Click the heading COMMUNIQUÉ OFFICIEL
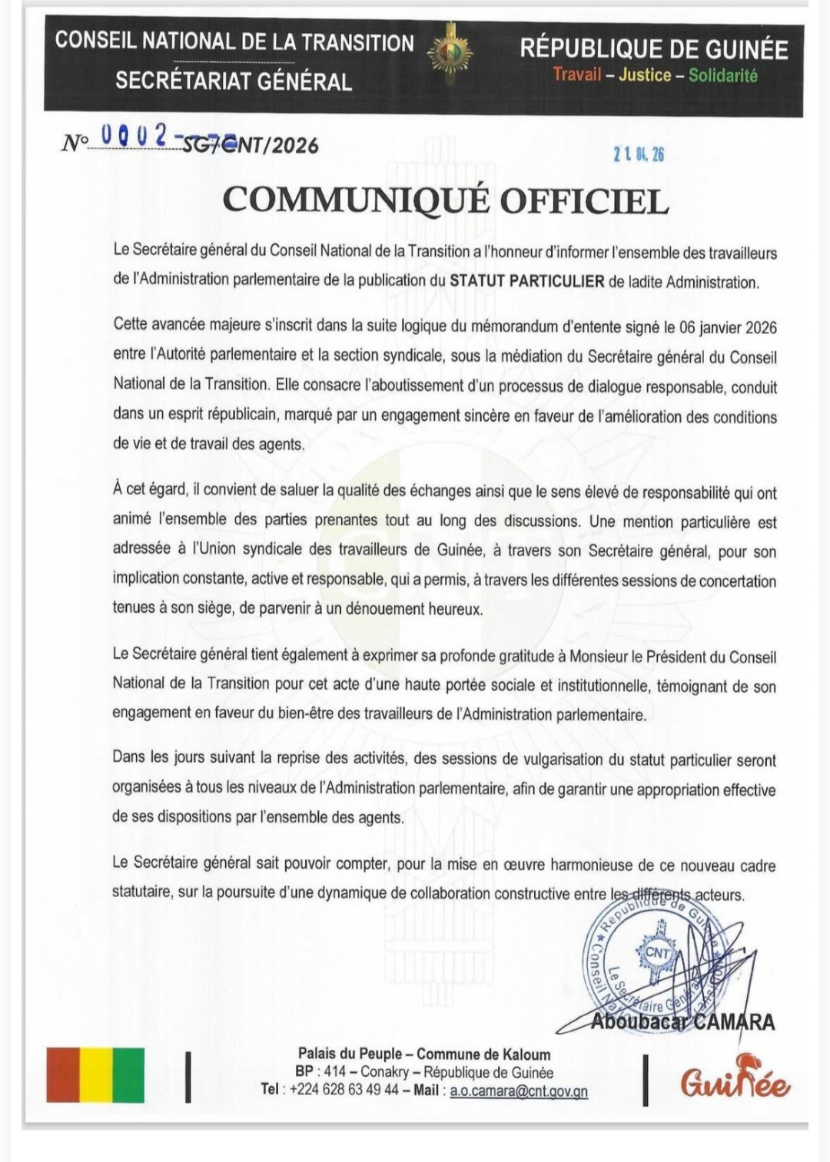click(446, 200)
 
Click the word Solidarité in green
click(722, 75)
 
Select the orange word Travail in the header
click(576, 74)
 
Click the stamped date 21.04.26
click(639, 154)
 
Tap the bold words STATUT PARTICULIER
click(526, 280)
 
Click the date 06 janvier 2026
click(728, 328)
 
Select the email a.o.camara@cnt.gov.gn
click(519, 1091)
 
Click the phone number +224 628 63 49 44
click(344, 1090)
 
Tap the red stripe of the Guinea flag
click(63, 1074)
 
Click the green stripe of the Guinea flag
click(128, 1074)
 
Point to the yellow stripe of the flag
click(96, 1074)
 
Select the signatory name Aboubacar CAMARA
click(682, 1021)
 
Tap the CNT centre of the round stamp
click(658, 952)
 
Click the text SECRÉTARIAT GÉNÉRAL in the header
click(234, 81)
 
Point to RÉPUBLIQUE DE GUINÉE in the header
click(654, 49)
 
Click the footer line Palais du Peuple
click(424, 1054)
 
